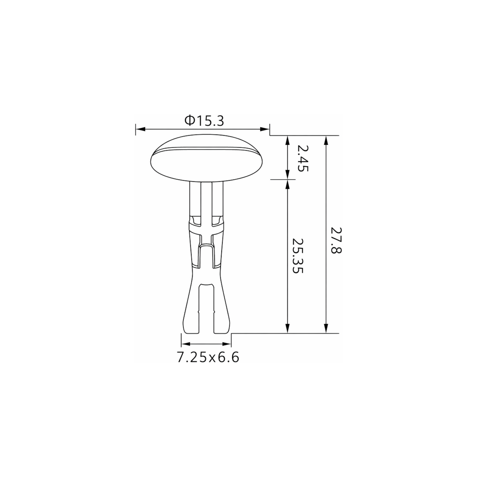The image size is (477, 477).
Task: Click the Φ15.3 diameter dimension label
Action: [x=204, y=121]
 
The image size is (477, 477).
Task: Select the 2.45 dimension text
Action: [x=303, y=159]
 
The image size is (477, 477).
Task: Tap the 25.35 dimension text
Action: [x=297, y=256]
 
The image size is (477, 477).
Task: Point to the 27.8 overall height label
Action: [x=336, y=240]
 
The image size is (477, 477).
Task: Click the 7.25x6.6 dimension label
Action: [x=208, y=358]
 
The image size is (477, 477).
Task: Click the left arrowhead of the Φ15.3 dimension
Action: [x=140, y=129]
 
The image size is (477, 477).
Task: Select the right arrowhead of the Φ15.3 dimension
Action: [x=264, y=129]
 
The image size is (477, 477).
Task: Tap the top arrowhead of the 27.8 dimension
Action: [x=326, y=140]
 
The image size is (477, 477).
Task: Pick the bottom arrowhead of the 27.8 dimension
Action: [x=326, y=328]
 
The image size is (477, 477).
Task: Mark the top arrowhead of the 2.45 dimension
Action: [x=287, y=140]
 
